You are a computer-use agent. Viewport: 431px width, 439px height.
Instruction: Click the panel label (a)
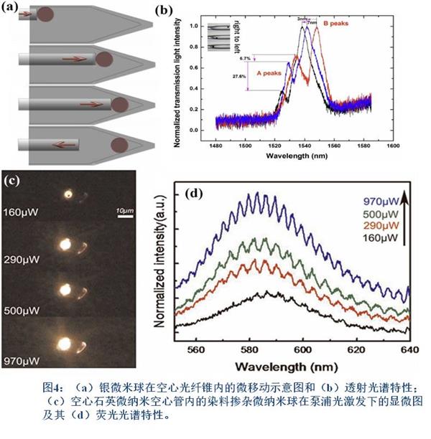(x=12, y=8)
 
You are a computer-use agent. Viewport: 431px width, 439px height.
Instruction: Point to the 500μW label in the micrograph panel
(x=22, y=311)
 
